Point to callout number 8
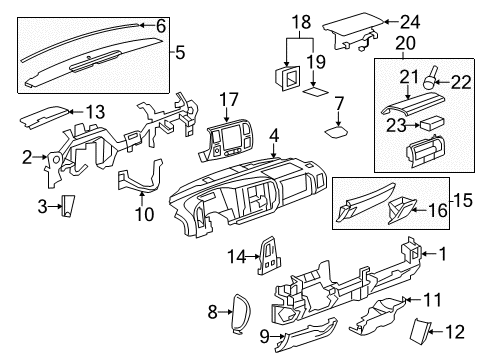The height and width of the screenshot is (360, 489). (211, 313)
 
